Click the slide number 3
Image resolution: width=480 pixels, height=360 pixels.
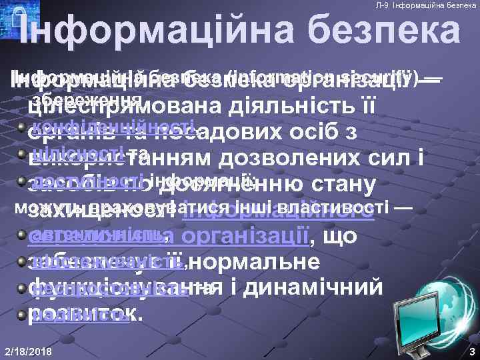(x=471, y=351)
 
